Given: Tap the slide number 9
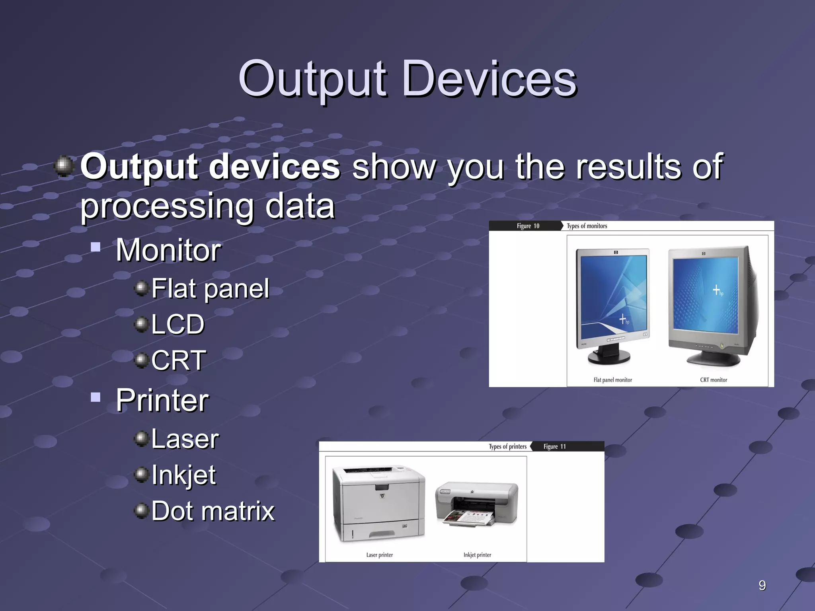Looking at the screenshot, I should click(x=762, y=585).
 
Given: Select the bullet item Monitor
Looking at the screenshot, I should click(x=168, y=250).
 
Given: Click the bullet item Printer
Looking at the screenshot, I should click(x=162, y=400).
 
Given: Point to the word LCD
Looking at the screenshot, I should click(x=177, y=324).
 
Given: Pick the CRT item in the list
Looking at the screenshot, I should click(x=179, y=360).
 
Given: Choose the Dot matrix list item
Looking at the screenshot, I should click(x=213, y=511).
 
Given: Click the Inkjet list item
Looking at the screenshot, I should click(x=183, y=475).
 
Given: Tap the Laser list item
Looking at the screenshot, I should click(x=185, y=439).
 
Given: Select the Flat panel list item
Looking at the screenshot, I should click(x=210, y=288).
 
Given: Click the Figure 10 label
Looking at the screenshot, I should click(x=528, y=226).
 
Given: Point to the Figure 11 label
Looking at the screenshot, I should click(x=554, y=446).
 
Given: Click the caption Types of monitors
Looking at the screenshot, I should click(x=587, y=226).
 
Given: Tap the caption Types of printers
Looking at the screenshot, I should click(x=507, y=446).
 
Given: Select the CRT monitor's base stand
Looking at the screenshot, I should click(x=713, y=360).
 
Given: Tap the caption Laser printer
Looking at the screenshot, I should click(x=379, y=555).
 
